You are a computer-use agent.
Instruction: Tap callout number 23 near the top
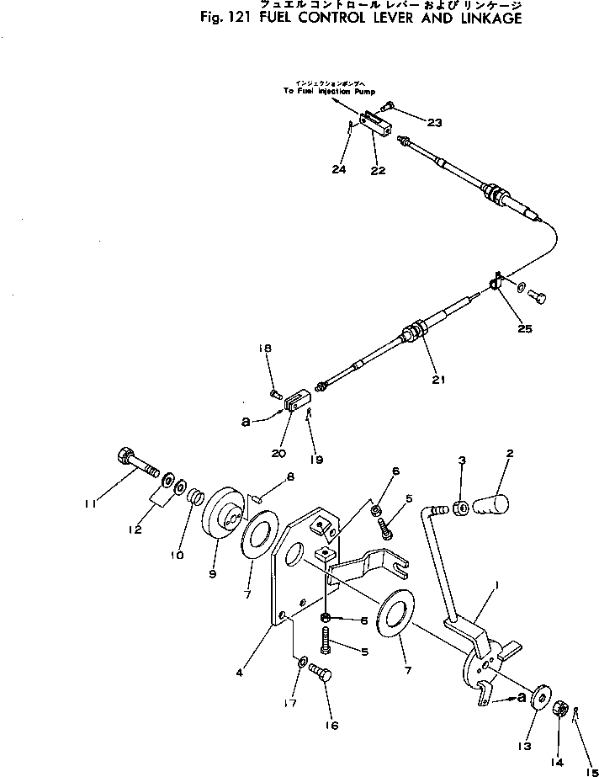(434, 123)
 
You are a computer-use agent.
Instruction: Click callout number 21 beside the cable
(437, 380)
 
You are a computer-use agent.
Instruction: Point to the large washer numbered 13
(538, 700)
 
